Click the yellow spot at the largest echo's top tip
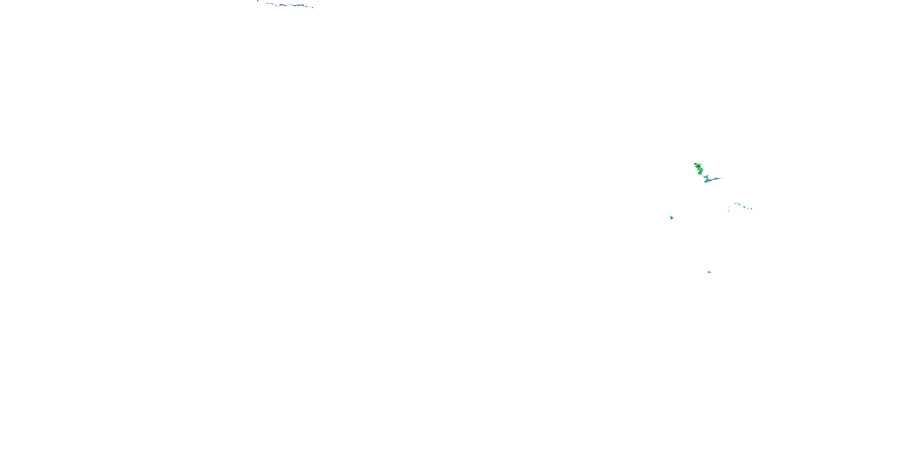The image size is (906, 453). pyautogui.click(x=695, y=164)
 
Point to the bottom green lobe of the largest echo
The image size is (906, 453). pyautogui.click(x=700, y=173)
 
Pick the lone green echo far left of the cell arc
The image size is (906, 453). pyautogui.click(x=671, y=218)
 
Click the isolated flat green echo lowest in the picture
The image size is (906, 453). pyautogui.click(x=709, y=272)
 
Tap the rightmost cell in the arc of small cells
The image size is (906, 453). pyautogui.click(x=752, y=209)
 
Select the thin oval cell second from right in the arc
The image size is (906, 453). pyautogui.click(x=748, y=209)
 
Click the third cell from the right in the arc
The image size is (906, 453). pyautogui.click(x=744, y=207)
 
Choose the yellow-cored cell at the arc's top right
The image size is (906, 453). pyautogui.click(x=740, y=205)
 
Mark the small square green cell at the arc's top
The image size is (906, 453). pyautogui.click(x=738, y=204)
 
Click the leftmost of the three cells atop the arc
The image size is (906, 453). pyautogui.click(x=735, y=204)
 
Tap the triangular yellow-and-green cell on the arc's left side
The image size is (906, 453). pyautogui.click(x=729, y=207)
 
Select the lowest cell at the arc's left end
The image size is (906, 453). pyautogui.click(x=728, y=211)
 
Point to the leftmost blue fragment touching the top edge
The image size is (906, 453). pyautogui.click(x=258, y=1)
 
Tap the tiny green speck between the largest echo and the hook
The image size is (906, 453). pyautogui.click(x=703, y=176)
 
